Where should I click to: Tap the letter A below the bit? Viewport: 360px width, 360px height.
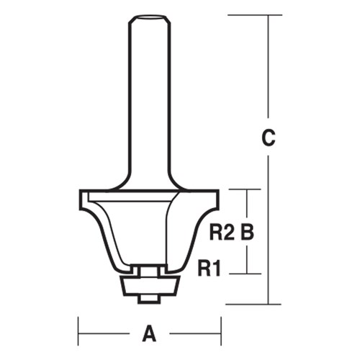149,333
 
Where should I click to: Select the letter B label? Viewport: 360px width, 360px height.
248,232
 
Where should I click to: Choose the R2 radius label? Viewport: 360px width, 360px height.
221,232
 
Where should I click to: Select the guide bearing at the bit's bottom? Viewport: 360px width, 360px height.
148,283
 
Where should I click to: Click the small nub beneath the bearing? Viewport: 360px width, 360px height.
148,297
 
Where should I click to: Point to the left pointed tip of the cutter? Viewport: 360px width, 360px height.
80,193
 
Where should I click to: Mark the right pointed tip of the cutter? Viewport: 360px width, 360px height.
217,193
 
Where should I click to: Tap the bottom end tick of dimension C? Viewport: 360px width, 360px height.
268,303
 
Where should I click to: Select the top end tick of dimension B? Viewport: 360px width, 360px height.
247,189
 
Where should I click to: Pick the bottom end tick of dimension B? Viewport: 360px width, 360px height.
247,274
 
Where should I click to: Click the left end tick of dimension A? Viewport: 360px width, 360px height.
78,333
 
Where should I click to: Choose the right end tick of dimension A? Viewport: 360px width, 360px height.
220,333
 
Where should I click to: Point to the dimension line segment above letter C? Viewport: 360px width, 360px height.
268,72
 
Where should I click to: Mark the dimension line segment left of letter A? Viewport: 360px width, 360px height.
108,333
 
